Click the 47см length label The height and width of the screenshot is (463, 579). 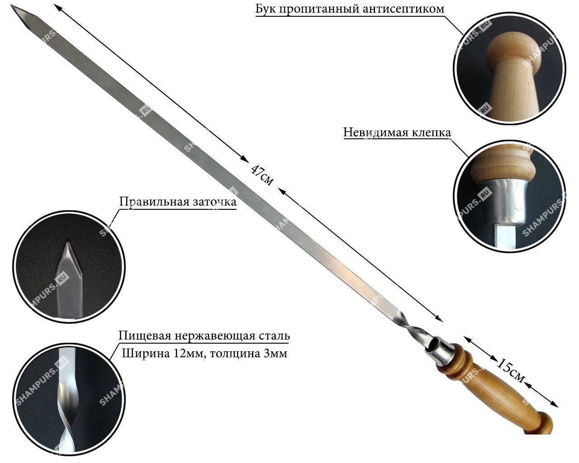(x=262, y=175)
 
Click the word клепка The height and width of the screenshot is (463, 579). (x=431, y=132)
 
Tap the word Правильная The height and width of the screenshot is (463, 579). (x=154, y=202)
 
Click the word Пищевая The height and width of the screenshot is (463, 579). (x=145, y=336)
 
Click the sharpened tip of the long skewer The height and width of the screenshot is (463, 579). (x=11, y=6)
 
